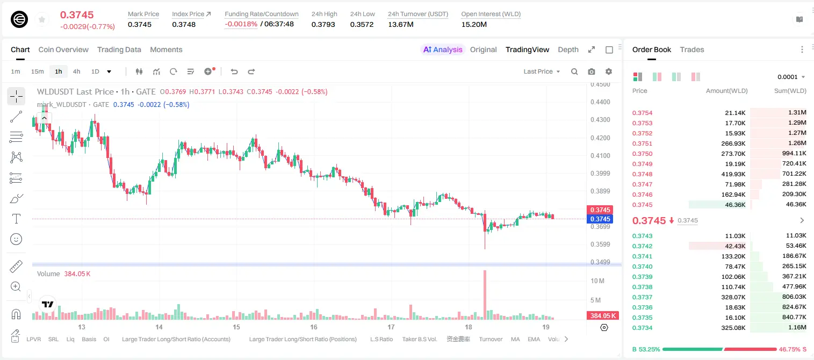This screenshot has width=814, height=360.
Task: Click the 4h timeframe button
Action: (x=76, y=71)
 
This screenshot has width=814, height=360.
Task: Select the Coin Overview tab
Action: (x=63, y=49)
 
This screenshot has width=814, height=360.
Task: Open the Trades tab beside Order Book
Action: (x=691, y=49)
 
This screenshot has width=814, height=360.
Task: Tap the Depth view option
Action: (x=568, y=49)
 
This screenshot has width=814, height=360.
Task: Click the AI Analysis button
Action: (x=443, y=49)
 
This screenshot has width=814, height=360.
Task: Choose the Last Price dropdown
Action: (x=542, y=71)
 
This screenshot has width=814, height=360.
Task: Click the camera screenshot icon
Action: (x=591, y=71)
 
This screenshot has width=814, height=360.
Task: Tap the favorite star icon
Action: (x=42, y=19)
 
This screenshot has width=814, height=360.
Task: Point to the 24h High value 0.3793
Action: (x=323, y=24)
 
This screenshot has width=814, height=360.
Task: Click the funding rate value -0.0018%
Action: (x=241, y=24)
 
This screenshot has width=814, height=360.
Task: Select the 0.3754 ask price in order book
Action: (x=642, y=113)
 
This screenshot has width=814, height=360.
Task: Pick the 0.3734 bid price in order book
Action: (x=642, y=328)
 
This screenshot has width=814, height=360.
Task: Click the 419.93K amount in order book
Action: (x=733, y=174)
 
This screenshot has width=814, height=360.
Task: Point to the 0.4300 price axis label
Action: (x=600, y=119)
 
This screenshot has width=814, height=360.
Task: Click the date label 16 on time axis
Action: (x=314, y=327)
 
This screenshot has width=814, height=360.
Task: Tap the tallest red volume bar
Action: (x=485, y=294)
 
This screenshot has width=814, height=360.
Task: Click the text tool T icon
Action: (x=16, y=219)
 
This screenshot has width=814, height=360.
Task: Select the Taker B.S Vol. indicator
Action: (x=419, y=339)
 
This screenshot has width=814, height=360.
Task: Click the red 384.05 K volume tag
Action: (x=602, y=316)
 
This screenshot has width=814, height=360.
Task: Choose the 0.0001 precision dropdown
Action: (x=791, y=77)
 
